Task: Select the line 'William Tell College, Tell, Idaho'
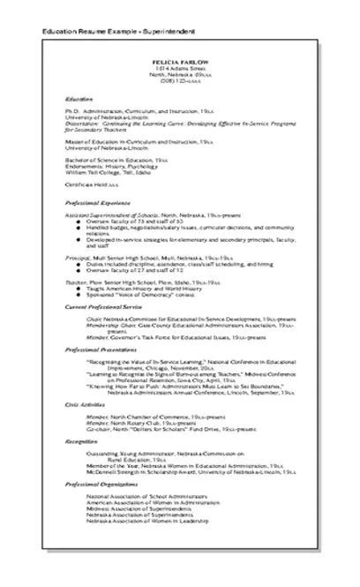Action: (110, 171)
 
